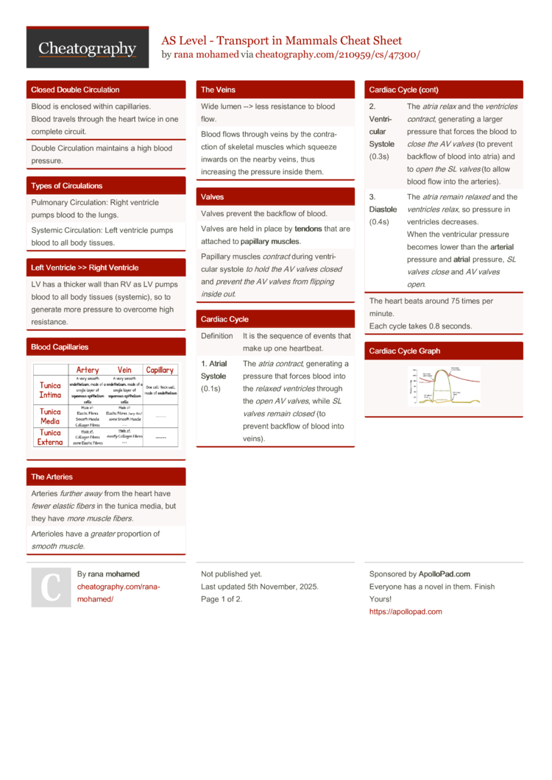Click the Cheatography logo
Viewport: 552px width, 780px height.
point(88,49)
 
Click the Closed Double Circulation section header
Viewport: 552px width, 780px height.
point(75,90)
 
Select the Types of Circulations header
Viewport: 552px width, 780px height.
point(67,186)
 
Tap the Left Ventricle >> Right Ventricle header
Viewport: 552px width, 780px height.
point(85,268)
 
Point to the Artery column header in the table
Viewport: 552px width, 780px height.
point(88,370)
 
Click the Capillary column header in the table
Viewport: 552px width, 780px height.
point(160,370)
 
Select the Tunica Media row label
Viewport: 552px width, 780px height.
point(51,416)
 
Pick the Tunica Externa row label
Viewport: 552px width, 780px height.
point(51,437)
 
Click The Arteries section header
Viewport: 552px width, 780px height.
point(52,476)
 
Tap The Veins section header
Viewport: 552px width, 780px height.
point(219,90)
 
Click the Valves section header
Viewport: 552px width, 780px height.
point(213,197)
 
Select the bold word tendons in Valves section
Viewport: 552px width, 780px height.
point(308,229)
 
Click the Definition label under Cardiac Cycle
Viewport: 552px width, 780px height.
point(217,336)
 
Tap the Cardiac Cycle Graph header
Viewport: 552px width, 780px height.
point(405,351)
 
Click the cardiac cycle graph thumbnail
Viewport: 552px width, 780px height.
point(445,386)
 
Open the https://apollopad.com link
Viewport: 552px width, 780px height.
point(406,612)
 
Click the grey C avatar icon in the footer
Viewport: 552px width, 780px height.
point(51,587)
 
